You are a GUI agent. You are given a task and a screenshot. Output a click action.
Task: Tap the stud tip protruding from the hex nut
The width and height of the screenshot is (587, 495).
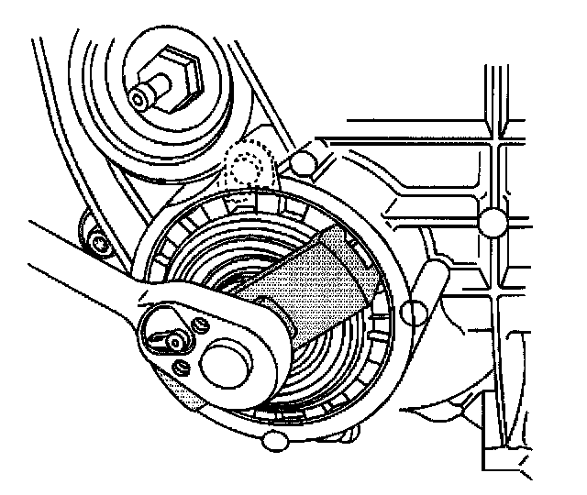(140, 94)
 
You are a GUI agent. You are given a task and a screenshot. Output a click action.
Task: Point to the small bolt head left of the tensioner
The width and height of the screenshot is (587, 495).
(98, 243)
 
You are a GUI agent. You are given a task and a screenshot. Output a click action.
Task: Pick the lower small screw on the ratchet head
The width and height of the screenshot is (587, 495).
(182, 367)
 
